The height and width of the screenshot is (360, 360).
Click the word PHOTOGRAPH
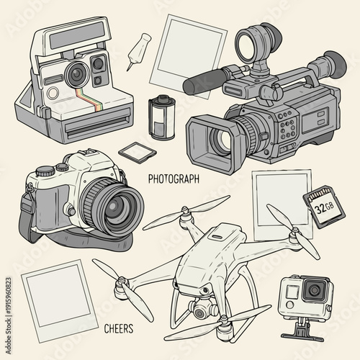[174, 178]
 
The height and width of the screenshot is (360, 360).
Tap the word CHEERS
[118, 328]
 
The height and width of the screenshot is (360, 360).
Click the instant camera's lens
[75, 72]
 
